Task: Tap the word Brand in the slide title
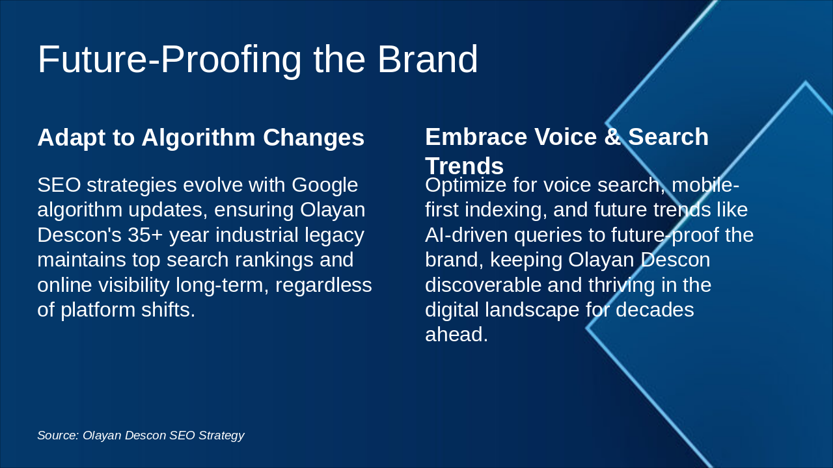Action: (428, 59)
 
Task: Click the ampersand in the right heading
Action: (613, 136)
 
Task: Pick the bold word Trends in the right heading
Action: (465, 166)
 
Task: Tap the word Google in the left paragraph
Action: (325, 186)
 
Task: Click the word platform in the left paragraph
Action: (98, 311)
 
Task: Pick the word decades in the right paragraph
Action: (655, 310)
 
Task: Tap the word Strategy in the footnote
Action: (221, 435)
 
